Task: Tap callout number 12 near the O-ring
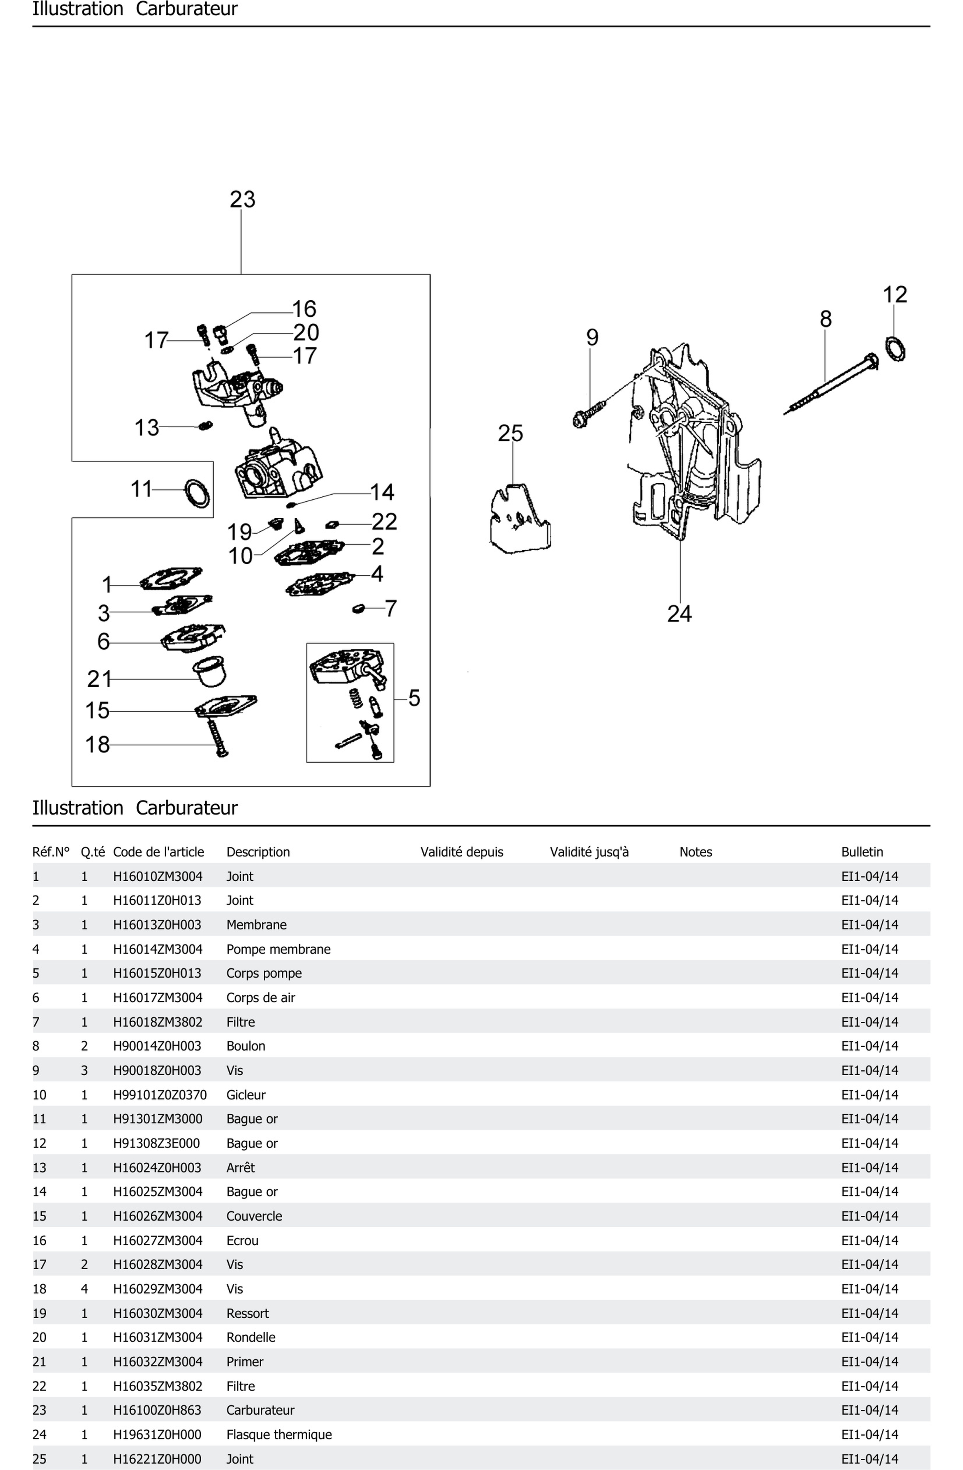click(x=895, y=295)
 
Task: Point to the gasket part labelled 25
click(x=519, y=519)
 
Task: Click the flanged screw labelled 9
click(x=588, y=414)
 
